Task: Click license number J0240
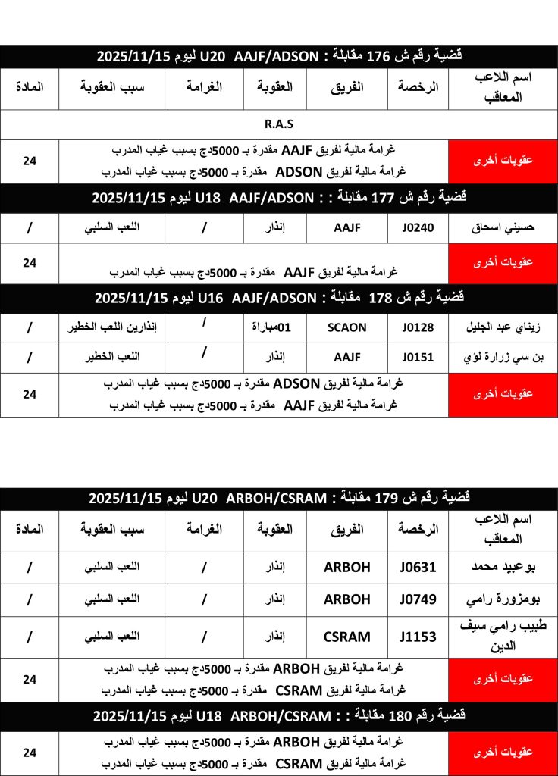418,227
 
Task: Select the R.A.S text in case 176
279,124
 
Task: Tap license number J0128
418,327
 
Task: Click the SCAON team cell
346,327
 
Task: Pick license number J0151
418,358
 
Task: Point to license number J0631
418,568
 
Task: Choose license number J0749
418,599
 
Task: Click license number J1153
418,637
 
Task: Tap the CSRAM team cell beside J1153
346,637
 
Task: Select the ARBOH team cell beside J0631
346,568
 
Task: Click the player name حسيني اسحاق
503,227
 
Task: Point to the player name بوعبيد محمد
503,568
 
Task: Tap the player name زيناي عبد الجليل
503,327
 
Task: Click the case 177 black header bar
279,198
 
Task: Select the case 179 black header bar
279,498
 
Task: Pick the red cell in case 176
503,161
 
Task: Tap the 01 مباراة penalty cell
274,327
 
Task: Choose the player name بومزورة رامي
503,599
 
